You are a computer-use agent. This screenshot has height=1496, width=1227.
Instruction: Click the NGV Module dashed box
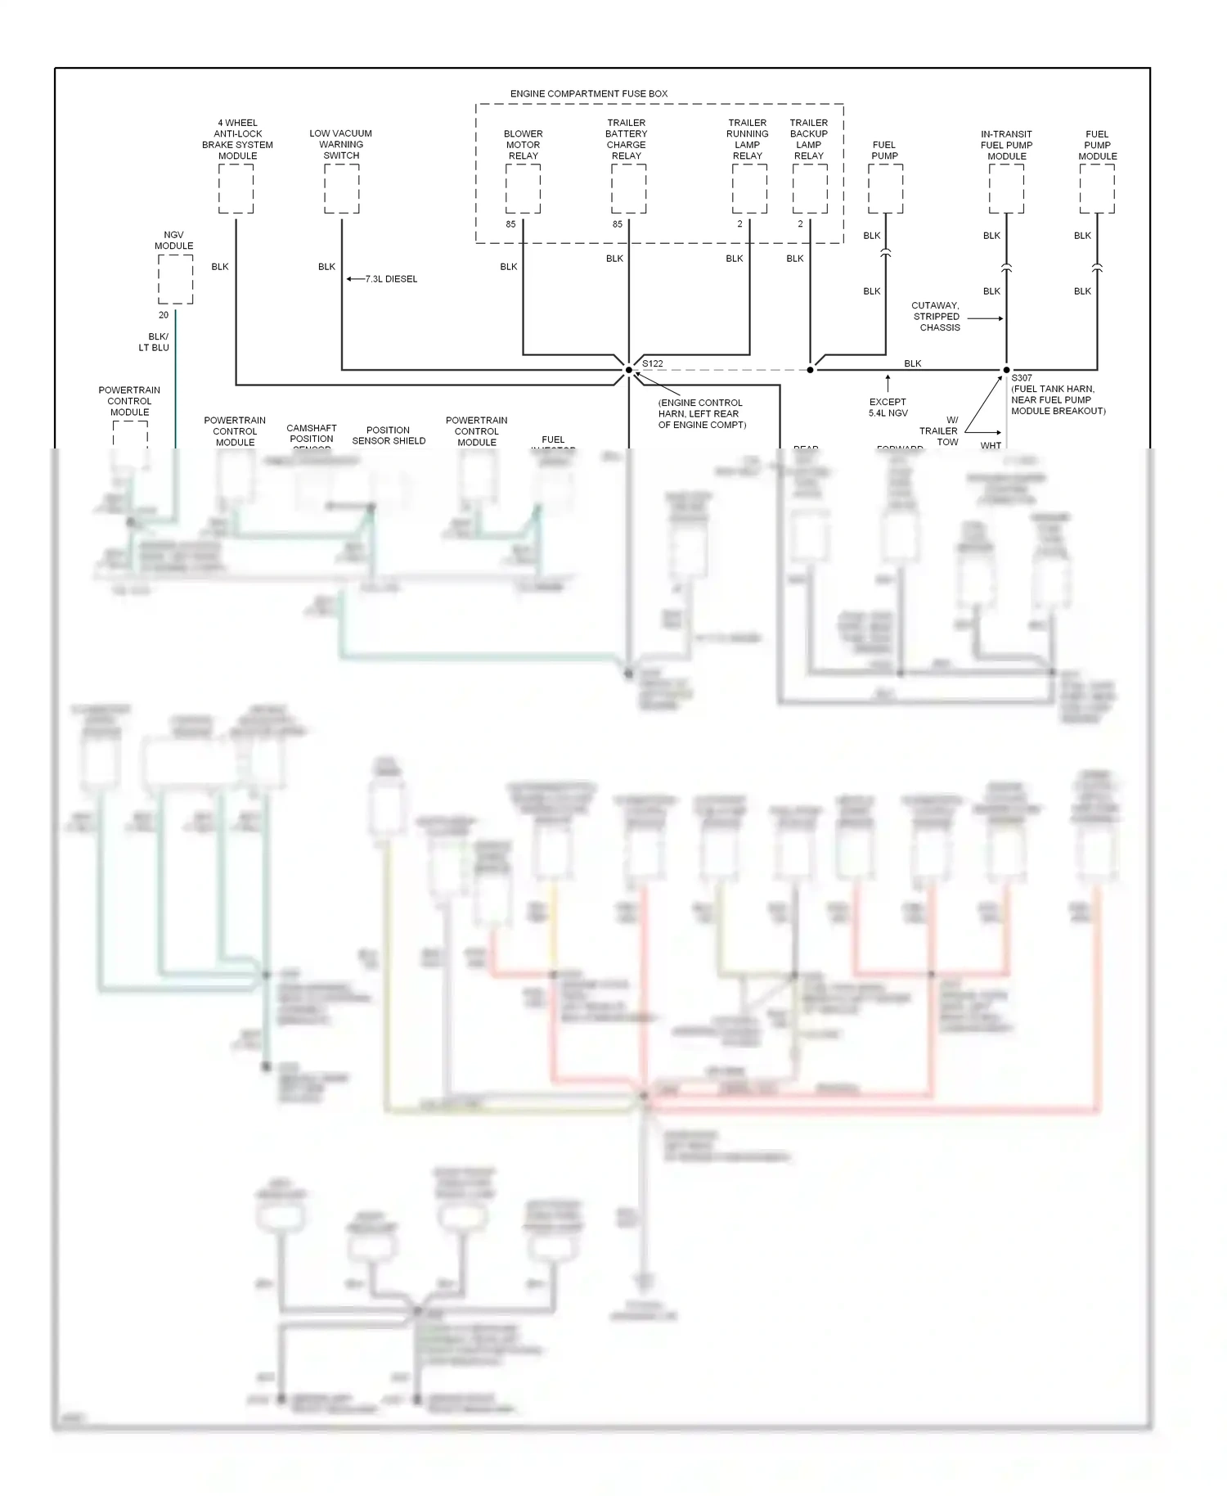pyautogui.click(x=175, y=279)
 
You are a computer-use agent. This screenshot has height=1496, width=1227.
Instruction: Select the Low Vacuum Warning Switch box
pyautogui.click(x=341, y=189)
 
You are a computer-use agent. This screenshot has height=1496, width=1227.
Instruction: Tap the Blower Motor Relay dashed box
pyautogui.click(x=523, y=189)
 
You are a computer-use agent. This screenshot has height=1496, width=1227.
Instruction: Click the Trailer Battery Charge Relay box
pyautogui.click(x=628, y=189)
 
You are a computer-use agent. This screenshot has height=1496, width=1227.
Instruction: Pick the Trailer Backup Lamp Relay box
pyautogui.click(x=810, y=189)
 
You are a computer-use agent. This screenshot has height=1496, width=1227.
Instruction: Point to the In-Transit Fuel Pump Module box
pyautogui.click(x=1006, y=189)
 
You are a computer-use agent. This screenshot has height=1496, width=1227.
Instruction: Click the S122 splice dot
pyautogui.click(x=629, y=370)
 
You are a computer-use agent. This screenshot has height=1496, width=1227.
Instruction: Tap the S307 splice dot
pyautogui.click(x=1006, y=370)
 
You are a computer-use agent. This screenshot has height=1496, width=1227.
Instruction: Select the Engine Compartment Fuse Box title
pyautogui.click(x=588, y=94)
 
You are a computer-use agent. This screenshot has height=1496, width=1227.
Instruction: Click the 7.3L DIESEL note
pyautogui.click(x=391, y=279)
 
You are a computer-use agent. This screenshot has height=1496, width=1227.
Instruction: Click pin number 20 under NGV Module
pyautogui.click(x=164, y=315)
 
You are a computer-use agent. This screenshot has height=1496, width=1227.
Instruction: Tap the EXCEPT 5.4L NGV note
pyautogui.click(x=888, y=408)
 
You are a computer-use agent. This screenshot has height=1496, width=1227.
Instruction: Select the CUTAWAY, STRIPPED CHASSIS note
pyautogui.click(x=937, y=317)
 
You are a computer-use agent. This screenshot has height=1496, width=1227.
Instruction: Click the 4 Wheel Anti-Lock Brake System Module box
pyautogui.click(x=236, y=189)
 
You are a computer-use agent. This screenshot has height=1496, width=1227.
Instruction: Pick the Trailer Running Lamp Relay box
pyautogui.click(x=749, y=189)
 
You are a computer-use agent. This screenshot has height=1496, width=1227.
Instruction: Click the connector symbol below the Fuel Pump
pyautogui.click(x=885, y=255)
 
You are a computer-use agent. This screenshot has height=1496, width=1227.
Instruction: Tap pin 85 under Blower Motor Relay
pyautogui.click(x=510, y=224)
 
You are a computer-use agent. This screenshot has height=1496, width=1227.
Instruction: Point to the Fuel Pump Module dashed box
pyautogui.click(x=1097, y=189)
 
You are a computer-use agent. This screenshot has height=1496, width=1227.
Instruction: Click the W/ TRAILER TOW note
pyautogui.click(x=941, y=430)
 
